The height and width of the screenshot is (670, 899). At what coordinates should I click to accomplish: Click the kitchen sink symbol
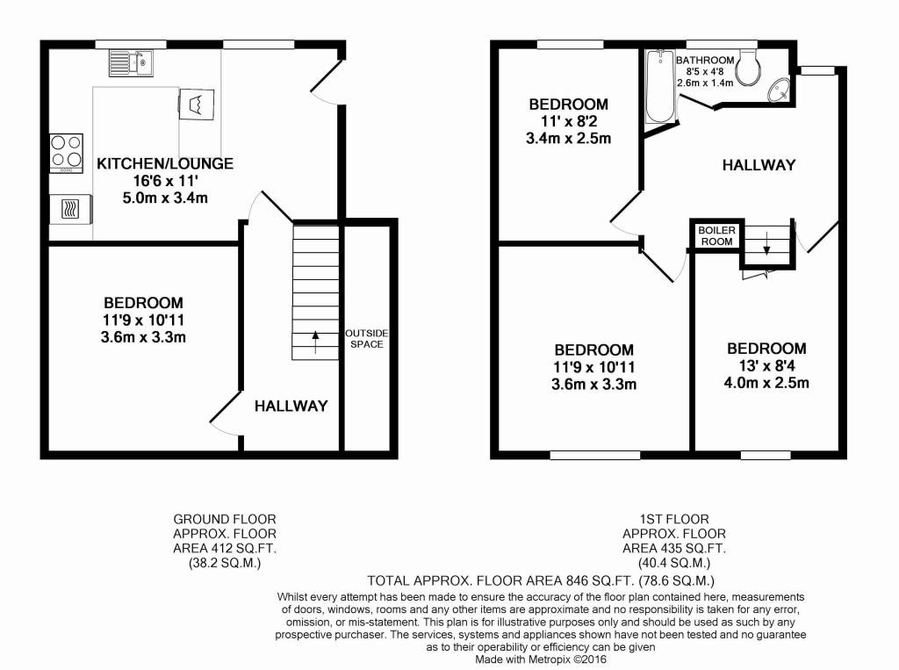[131, 63]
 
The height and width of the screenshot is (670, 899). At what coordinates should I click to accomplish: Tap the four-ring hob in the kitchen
[67, 153]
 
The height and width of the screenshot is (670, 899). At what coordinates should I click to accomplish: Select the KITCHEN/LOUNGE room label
[165, 163]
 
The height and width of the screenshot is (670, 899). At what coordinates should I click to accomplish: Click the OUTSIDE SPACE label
[366, 338]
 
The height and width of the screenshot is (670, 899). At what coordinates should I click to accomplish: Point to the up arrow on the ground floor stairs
[315, 342]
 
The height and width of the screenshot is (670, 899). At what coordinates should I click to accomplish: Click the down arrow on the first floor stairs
[766, 242]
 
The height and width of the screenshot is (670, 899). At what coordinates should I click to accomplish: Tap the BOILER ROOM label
[716, 235]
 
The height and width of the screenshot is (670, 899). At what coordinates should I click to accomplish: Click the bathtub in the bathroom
[660, 86]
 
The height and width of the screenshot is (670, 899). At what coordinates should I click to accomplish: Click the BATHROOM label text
[705, 61]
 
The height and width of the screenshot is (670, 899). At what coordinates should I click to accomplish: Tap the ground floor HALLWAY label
[291, 407]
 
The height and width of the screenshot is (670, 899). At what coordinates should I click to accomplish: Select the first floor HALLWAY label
[759, 165]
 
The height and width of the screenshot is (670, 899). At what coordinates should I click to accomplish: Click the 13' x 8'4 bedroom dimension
[766, 365]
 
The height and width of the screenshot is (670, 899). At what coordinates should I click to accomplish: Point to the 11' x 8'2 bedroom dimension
[568, 121]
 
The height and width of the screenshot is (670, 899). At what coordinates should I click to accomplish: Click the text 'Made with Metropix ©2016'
[541, 659]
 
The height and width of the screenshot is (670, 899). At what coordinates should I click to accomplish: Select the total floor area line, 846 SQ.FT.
[541, 580]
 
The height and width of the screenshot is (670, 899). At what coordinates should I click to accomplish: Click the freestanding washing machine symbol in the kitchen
[197, 104]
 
